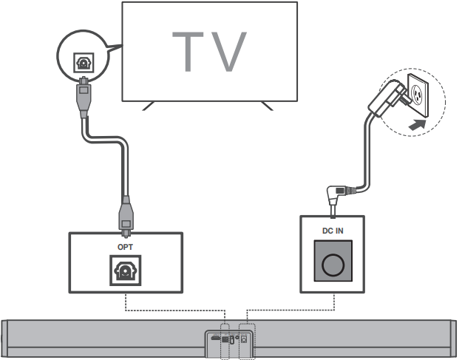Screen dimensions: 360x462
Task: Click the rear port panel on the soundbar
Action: [x=231, y=339]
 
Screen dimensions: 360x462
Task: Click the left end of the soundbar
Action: [x=7, y=339]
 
